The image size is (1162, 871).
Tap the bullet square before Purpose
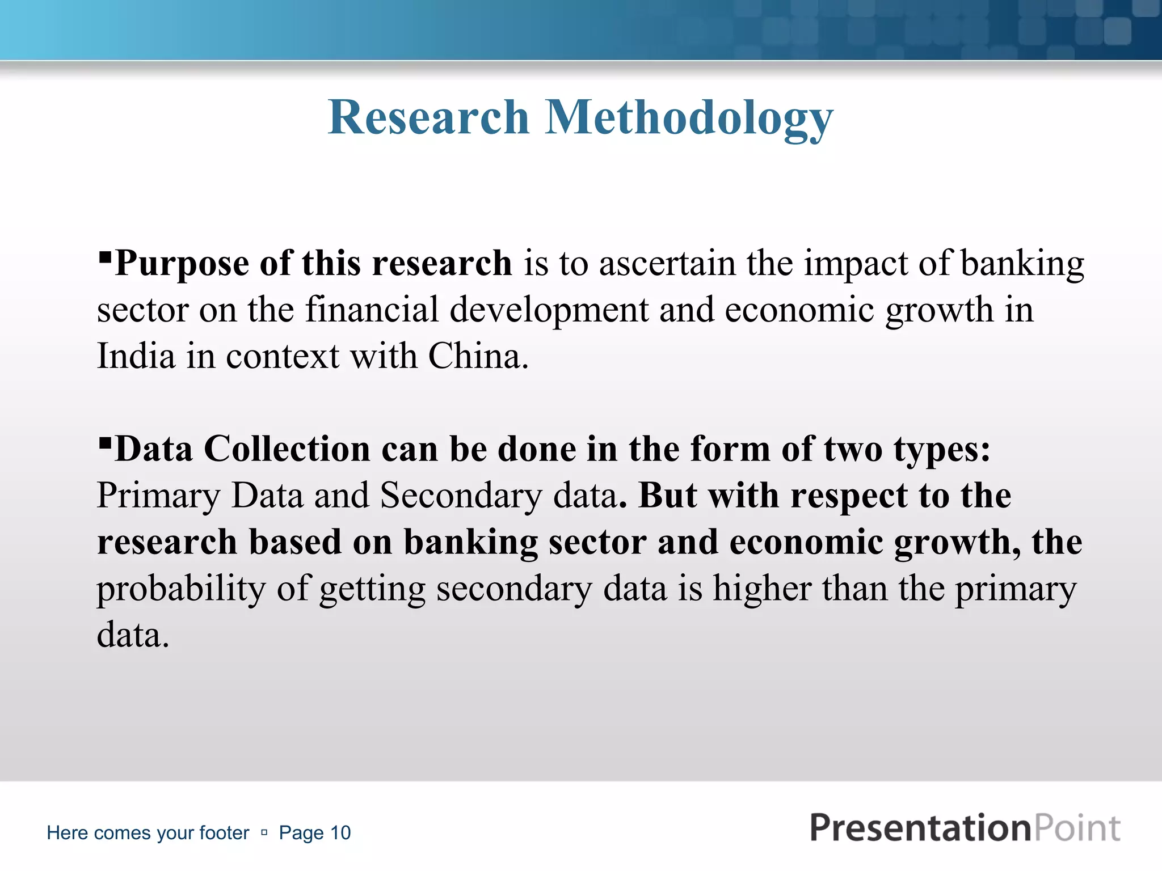tap(104, 257)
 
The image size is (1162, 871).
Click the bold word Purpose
tap(182, 264)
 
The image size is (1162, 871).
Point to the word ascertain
tap(667, 264)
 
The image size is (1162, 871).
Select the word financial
tap(372, 310)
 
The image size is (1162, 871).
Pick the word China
tap(478, 356)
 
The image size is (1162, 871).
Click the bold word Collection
tap(287, 449)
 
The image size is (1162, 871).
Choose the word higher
tap(763, 588)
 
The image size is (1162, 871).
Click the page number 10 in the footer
tap(340, 833)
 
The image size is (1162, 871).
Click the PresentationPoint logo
tap(965, 828)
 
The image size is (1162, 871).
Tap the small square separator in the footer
tap(264, 832)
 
